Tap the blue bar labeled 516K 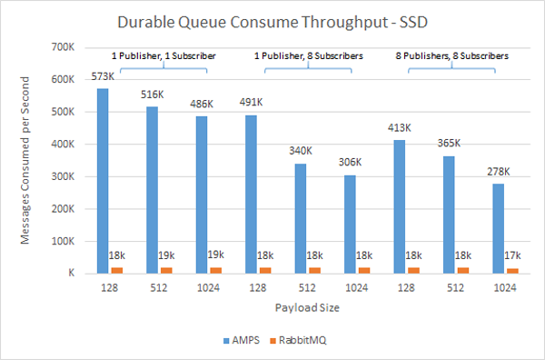point(152,190)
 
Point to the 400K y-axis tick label point(62,144)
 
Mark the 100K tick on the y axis point(62,241)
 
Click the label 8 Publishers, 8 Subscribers point(451,55)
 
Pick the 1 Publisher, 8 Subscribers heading point(308,55)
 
